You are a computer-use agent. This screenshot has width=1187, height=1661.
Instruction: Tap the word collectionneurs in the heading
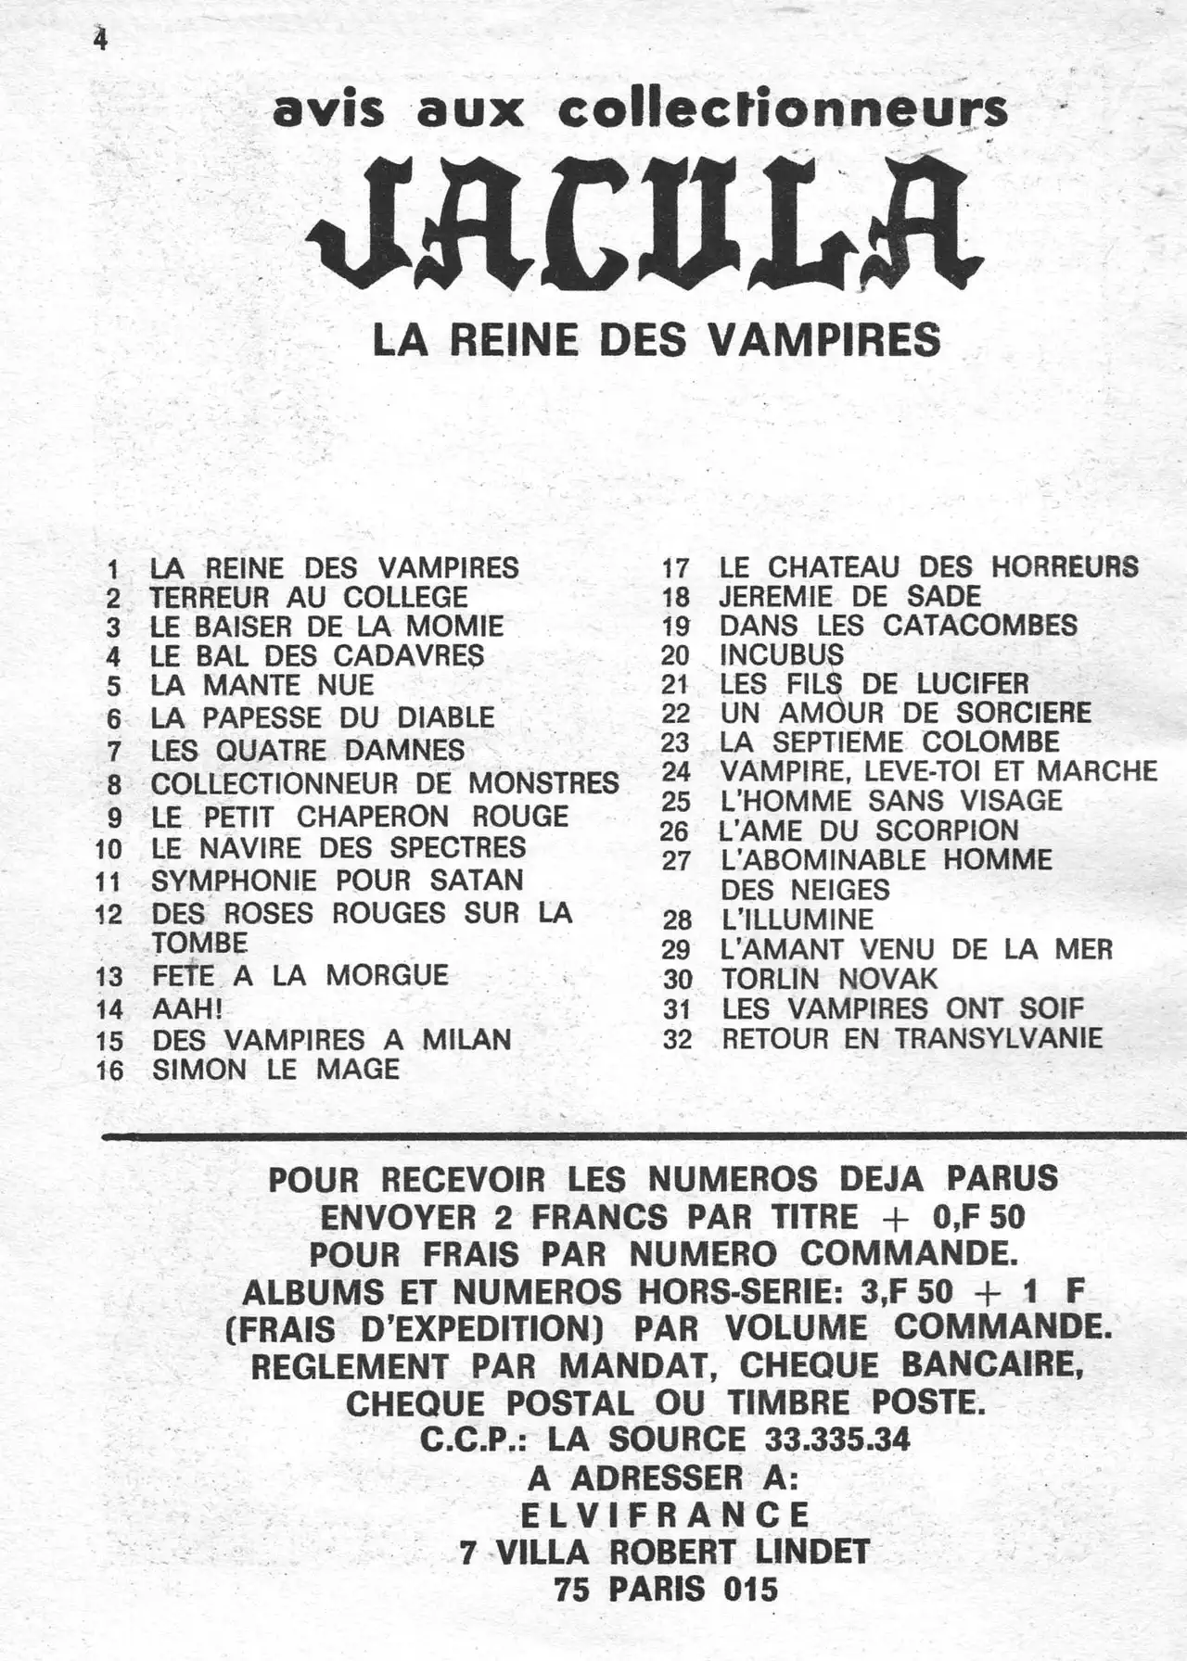783,110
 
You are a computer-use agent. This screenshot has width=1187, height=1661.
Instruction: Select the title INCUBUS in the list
781,654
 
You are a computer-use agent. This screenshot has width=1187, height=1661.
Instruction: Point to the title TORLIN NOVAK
829,979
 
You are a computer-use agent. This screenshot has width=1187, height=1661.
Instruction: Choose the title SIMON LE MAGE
275,1070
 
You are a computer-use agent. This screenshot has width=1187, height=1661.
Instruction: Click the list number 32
677,1039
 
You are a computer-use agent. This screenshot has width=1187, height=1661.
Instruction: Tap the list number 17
675,567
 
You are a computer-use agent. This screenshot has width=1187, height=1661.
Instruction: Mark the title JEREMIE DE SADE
849,596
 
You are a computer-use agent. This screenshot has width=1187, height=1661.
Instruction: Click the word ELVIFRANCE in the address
665,1514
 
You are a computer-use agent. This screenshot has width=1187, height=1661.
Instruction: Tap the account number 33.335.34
836,1439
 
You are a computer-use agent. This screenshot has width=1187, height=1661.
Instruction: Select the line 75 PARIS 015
665,1589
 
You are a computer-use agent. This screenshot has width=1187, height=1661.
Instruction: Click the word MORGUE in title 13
387,975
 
